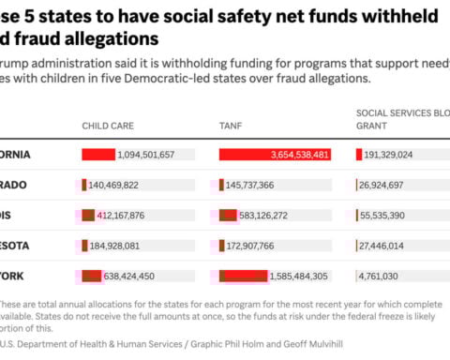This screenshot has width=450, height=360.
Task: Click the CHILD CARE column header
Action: pyautogui.click(x=109, y=124)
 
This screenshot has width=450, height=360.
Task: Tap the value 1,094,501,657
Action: pyautogui.click(x=146, y=155)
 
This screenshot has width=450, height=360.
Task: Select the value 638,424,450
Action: pyautogui.click(x=134, y=276)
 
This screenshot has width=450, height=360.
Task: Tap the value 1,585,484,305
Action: pyautogui.click(x=298, y=276)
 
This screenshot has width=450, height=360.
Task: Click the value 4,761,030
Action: pyautogui.click(x=382, y=276)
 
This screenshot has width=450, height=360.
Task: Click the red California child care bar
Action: pyautogui.click(x=98, y=155)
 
